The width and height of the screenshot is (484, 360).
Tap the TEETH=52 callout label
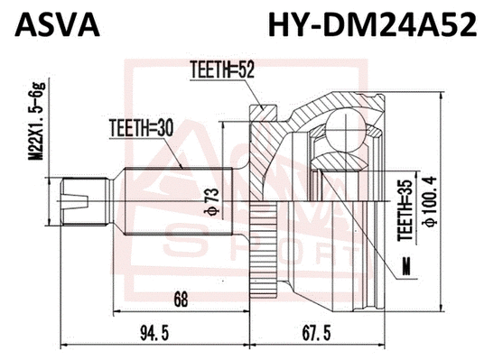[219, 69]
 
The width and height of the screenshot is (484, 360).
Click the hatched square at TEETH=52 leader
[263, 113]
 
